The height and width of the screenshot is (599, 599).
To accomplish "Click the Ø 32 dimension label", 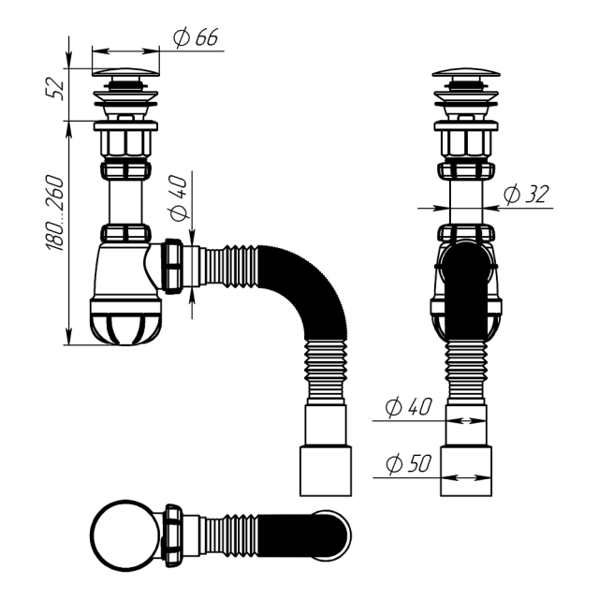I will [x=525, y=195].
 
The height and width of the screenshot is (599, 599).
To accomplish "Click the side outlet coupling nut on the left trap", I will [x=174, y=266].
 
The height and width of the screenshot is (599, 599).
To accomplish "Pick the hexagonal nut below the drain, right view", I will [x=467, y=142].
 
